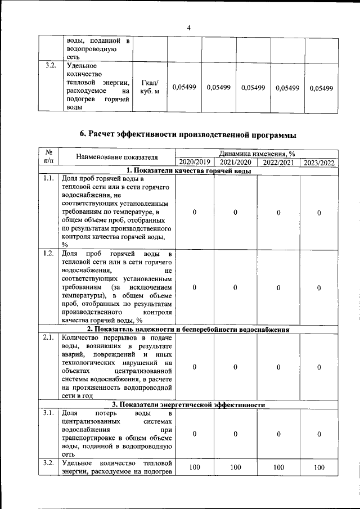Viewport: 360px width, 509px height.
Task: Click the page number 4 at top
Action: pyautogui.click(x=189, y=27)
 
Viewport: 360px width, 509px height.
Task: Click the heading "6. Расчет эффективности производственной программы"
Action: pyautogui.click(x=188, y=134)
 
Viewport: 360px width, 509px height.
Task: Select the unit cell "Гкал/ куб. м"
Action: pyautogui.click(x=151, y=87)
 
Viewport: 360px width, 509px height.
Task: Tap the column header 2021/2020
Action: pyautogui.click(x=235, y=163)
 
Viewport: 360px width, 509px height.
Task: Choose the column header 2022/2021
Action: pyautogui.click(x=278, y=163)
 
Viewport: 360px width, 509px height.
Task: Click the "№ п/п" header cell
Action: pyautogui.click(x=48, y=157)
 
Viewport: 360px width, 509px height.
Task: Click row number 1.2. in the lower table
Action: pyautogui.click(x=48, y=253)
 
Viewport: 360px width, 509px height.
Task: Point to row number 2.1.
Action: pyautogui.click(x=48, y=337)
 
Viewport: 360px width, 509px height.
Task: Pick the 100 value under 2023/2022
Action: pyautogui.click(x=319, y=467)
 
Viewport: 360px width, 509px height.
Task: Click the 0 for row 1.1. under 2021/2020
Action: pyautogui.click(x=235, y=212)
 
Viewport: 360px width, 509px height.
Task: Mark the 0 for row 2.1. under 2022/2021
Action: pyautogui.click(x=278, y=367)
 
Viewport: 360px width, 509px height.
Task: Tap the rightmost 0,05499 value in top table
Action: pyautogui.click(x=321, y=88)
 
